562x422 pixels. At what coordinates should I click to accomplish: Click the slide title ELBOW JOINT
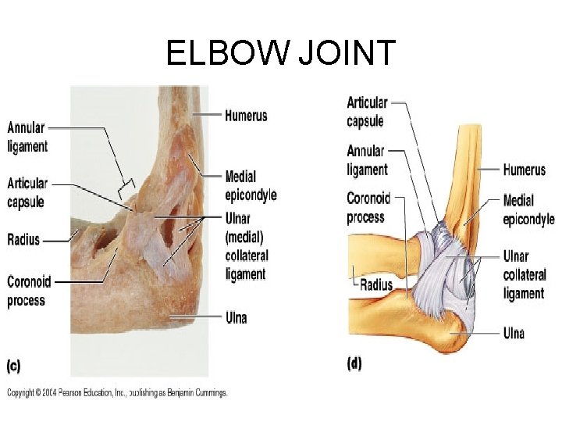point(281,53)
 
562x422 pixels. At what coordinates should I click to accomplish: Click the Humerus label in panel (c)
point(246,116)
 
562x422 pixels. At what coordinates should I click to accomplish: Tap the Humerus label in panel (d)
point(524,170)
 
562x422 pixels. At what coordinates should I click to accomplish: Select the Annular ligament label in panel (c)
point(27,137)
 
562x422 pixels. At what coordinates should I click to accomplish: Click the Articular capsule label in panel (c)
point(27,192)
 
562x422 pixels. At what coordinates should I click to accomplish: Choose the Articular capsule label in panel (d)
point(367,112)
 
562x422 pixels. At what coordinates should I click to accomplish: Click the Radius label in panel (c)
point(23,240)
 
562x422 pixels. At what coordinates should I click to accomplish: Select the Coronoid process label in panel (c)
point(27,291)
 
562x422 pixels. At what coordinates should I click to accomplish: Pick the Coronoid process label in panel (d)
point(368,208)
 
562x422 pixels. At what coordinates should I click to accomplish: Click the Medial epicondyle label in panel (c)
point(250,186)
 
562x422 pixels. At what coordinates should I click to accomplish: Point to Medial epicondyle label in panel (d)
point(528,209)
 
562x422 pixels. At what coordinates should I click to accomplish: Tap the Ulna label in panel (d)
point(514,334)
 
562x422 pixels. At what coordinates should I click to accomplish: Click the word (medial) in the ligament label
point(244,237)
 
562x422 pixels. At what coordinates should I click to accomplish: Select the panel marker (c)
point(14,365)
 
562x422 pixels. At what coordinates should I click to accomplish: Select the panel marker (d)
point(354,364)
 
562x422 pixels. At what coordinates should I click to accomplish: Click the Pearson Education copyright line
point(117,393)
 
